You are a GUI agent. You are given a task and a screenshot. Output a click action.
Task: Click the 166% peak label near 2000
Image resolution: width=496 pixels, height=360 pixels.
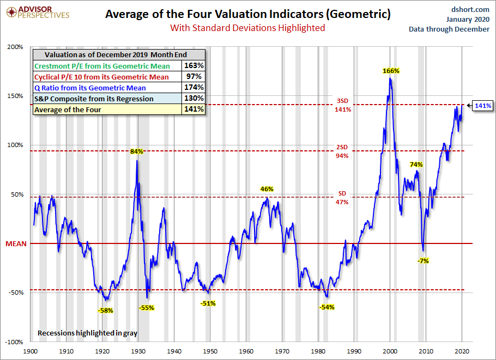pyautogui.click(x=391, y=71)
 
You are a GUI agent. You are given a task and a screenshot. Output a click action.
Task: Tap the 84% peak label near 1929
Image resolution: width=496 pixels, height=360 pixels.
pyautogui.click(x=136, y=151)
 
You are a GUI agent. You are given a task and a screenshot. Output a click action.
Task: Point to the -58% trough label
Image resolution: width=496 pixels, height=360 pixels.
pyautogui.click(x=106, y=310)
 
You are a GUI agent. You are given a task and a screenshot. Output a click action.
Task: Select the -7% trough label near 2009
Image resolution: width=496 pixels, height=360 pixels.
pyautogui.click(x=423, y=261)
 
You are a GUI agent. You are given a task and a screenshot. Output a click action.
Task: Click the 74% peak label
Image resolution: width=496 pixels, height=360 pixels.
pyautogui.click(x=416, y=164)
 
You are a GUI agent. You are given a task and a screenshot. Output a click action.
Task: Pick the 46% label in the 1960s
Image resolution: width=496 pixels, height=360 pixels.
pyautogui.click(x=267, y=189)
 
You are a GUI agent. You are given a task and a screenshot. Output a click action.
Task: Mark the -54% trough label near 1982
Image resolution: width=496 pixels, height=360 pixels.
pyautogui.click(x=326, y=307)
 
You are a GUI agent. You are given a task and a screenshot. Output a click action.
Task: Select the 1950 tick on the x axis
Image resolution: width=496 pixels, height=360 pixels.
pyautogui.click(x=210, y=352)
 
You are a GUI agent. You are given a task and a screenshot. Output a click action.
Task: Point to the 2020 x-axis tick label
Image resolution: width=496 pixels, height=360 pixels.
pyautogui.click(x=462, y=352)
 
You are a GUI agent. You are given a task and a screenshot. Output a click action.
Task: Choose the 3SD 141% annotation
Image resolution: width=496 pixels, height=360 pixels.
pyautogui.click(x=343, y=105)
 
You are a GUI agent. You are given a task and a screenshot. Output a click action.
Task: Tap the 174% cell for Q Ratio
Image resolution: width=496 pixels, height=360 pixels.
pyautogui.click(x=195, y=88)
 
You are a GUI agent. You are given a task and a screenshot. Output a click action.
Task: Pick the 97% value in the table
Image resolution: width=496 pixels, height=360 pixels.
pyautogui.click(x=195, y=77)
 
